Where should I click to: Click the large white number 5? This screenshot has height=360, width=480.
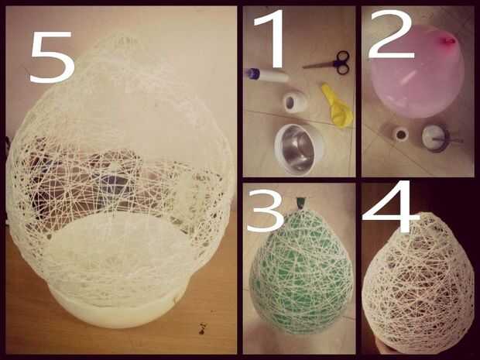click(52, 57)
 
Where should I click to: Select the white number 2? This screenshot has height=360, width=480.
click(391, 34)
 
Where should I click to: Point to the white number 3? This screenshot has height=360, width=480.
click(266, 211)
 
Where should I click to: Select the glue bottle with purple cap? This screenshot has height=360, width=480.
click(267, 75)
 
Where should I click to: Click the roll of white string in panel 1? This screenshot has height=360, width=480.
click(294, 102)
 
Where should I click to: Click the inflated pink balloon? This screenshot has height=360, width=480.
click(417, 72)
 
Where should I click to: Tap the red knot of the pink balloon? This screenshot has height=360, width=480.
click(447, 41)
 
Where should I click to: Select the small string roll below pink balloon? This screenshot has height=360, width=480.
click(400, 134)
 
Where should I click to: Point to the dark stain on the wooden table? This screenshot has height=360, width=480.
click(202, 328)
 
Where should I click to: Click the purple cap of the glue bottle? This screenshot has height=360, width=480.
click(252, 74)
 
